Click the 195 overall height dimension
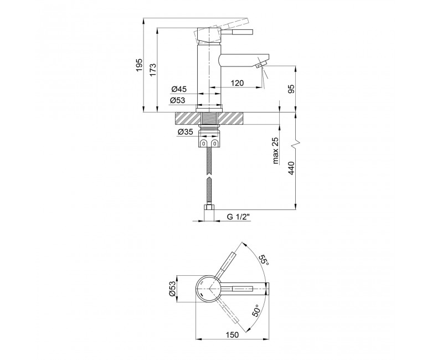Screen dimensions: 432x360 [x=140, y=65]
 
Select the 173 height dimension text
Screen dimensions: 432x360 [x=153, y=70]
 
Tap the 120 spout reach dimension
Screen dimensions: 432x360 [x=237, y=83]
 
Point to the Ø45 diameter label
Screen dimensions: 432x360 [x=179, y=89]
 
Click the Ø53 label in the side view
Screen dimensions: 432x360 [x=177, y=100]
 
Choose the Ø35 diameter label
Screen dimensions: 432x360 [x=185, y=132]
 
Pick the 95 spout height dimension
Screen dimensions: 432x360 [x=291, y=89]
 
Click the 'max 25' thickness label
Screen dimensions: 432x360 [x=276, y=151]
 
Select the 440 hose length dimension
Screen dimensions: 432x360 [x=291, y=168]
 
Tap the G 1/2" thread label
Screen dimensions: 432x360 [x=238, y=217]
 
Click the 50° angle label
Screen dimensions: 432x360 [x=256, y=310]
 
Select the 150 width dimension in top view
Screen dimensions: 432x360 [x=232, y=335]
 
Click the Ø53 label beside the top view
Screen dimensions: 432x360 [x=172, y=289]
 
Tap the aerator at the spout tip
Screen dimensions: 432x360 [x=260, y=65]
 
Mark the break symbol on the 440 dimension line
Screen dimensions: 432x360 [x=295, y=143]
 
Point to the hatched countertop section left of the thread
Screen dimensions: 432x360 [x=188, y=119]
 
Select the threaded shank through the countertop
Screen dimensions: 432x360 [x=209, y=119]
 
